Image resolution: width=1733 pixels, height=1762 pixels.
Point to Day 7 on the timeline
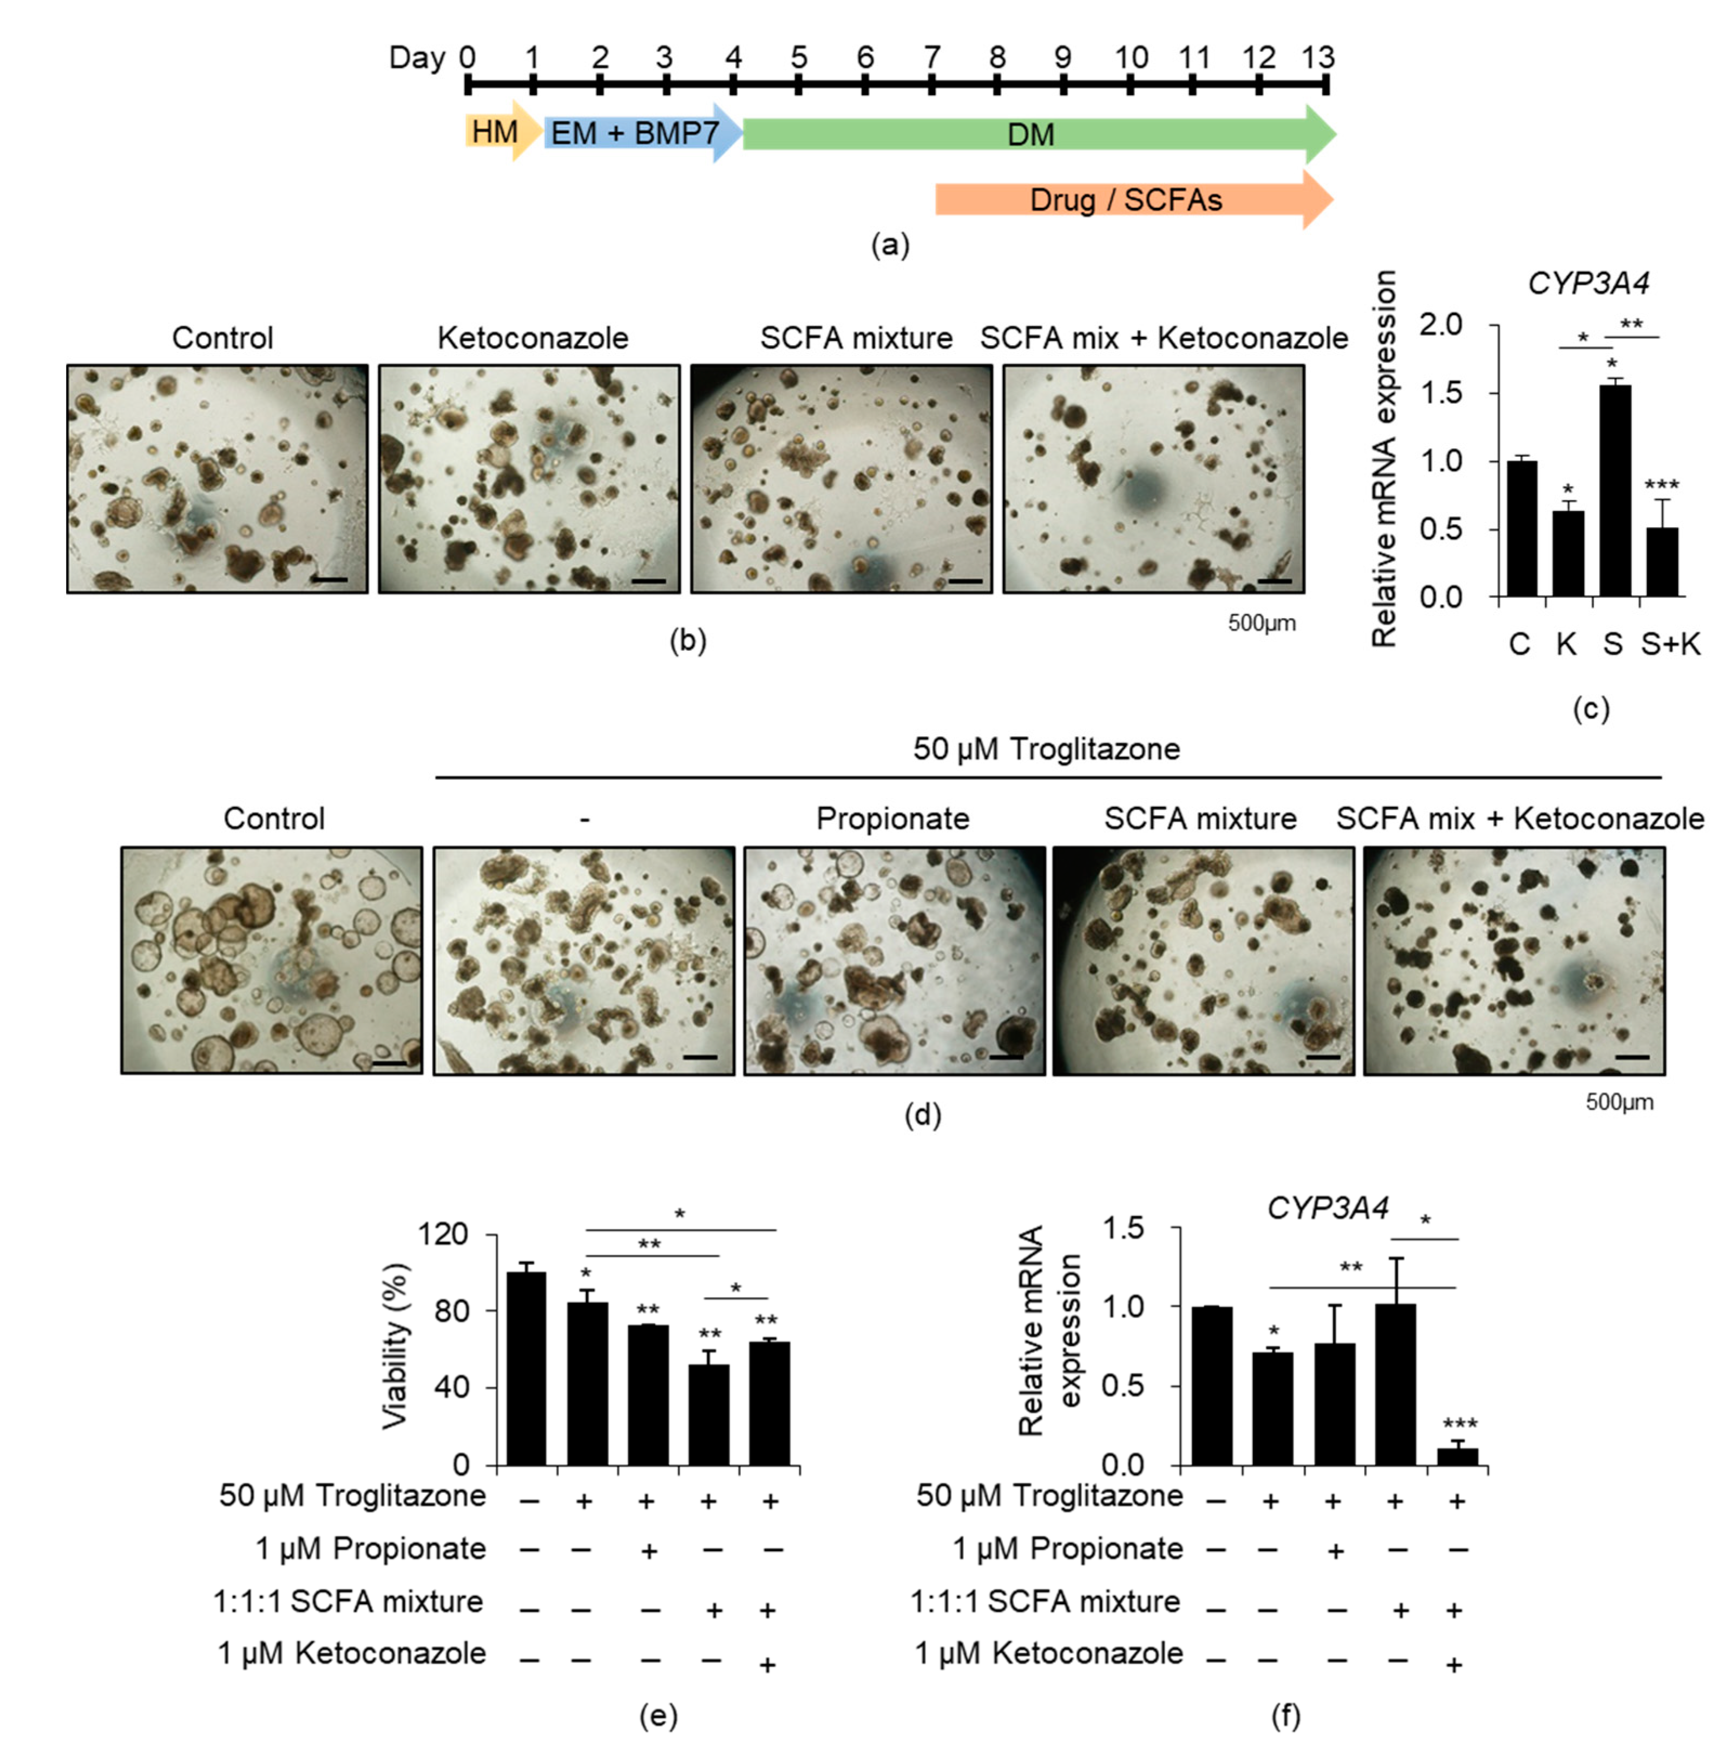click(x=931, y=57)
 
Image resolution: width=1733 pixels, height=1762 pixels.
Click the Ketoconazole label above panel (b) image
click(x=533, y=338)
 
